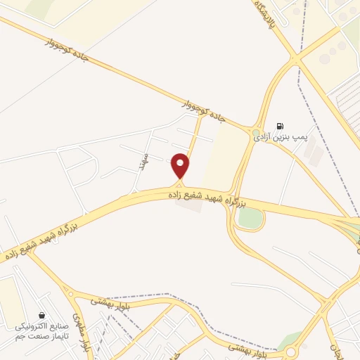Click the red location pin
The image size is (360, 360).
click(x=181, y=165)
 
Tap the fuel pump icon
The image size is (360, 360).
click(x=280, y=125)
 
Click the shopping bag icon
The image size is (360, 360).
click(x=44, y=316)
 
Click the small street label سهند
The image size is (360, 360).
click(x=143, y=161)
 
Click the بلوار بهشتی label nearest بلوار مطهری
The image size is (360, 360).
click(x=105, y=302)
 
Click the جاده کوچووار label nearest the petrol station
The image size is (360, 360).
click(x=204, y=110)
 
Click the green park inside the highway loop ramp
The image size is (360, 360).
click(x=250, y=218)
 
